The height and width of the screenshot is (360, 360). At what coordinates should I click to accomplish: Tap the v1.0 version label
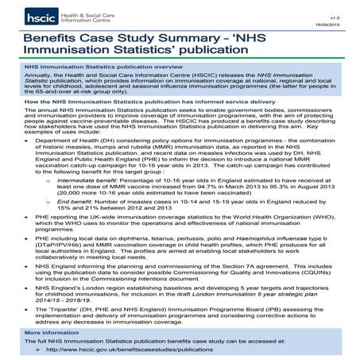343,7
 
